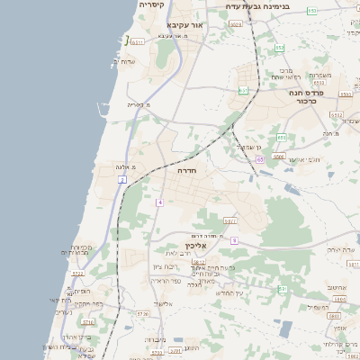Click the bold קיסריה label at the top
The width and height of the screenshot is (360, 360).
(x=152, y=5)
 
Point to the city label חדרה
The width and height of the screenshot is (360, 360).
(x=187, y=170)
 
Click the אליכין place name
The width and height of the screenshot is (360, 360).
(x=195, y=246)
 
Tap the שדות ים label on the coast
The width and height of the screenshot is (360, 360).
(x=122, y=61)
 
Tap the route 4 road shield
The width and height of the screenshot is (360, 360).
(x=159, y=202)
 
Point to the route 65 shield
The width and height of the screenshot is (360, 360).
(x=259, y=159)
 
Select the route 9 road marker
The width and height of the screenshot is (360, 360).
(x=233, y=240)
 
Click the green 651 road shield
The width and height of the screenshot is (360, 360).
(x=243, y=90)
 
